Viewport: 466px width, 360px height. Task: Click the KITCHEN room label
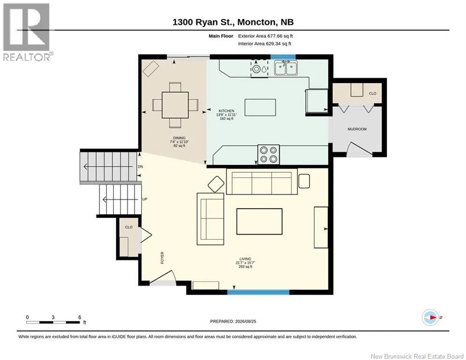coord(227,111)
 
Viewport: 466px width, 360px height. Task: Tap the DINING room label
coord(179,138)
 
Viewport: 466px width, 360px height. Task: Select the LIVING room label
coord(245,259)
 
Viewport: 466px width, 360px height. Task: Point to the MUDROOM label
coord(357,129)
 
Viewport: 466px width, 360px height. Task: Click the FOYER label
coord(162,258)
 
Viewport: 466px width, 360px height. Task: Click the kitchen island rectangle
coord(260,107)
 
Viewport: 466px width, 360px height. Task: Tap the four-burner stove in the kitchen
coord(268,154)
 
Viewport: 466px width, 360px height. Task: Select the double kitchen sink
coord(286,67)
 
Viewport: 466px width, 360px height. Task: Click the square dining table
coord(175,105)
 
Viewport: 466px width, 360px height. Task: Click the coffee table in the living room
coord(259,221)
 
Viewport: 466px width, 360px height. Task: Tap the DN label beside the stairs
coord(141,166)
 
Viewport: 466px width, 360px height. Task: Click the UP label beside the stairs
coord(145,199)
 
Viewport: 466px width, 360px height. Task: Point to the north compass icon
coord(430,317)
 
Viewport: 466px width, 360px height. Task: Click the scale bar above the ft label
coord(53,322)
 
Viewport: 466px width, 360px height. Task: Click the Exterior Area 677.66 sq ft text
coord(266,36)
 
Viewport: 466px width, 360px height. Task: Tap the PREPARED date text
coord(233,321)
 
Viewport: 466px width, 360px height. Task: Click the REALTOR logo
coord(27,32)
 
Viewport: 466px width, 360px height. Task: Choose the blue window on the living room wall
coord(258,292)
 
